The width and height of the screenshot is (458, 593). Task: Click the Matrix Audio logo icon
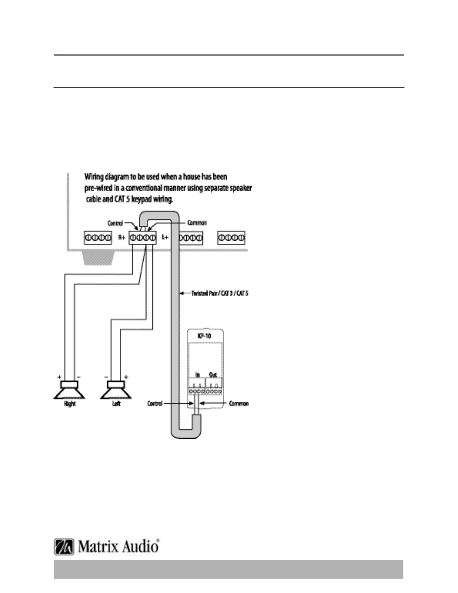point(65,547)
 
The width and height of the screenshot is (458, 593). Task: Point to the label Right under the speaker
point(70,404)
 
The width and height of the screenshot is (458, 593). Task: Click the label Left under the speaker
point(116,404)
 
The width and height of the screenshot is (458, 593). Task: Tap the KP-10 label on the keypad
point(204,336)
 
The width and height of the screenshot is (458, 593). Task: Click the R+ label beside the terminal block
point(122,237)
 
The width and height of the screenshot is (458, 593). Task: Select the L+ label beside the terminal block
point(165,237)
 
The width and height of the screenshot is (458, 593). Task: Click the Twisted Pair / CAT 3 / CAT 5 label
point(220,293)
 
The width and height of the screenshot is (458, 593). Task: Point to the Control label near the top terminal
point(115,223)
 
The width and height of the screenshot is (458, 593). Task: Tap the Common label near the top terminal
point(197,223)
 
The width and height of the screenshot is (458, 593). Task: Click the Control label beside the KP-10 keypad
point(155,404)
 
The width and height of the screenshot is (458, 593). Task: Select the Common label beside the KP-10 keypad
point(239,404)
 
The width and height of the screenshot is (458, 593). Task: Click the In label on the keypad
point(198,374)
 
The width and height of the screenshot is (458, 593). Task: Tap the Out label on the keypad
point(213,374)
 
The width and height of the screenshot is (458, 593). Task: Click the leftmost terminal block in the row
point(98,238)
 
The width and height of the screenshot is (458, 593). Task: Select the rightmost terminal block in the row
point(231,238)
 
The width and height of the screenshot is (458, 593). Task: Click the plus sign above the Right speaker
point(59,377)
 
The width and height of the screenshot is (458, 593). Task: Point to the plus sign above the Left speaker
point(126,377)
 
